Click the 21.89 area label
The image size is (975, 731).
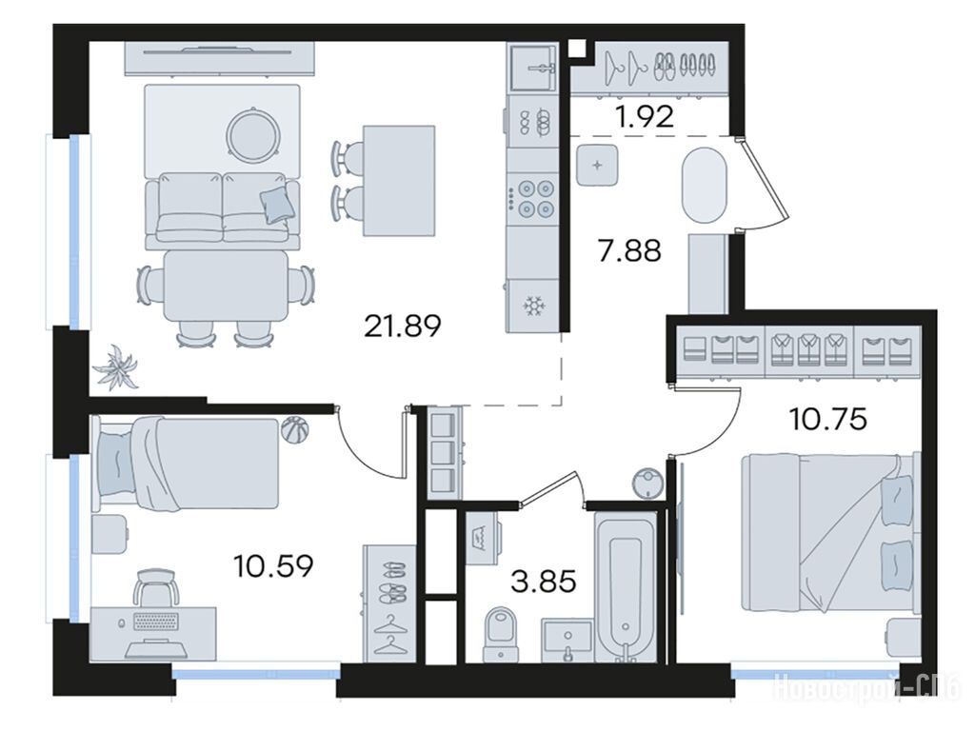coord(403,326)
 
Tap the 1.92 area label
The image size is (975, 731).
coord(645,116)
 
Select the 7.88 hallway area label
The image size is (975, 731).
coord(629,250)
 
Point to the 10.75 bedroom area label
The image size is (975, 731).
coord(827,420)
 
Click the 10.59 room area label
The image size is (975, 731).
coord(273,565)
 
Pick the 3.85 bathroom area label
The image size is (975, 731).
coord(543,582)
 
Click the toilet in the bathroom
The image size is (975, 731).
coord(501,635)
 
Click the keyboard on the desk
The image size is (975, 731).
coord(155,621)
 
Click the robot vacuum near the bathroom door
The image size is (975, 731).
coord(647,482)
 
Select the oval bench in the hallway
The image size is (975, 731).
coord(704,185)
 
